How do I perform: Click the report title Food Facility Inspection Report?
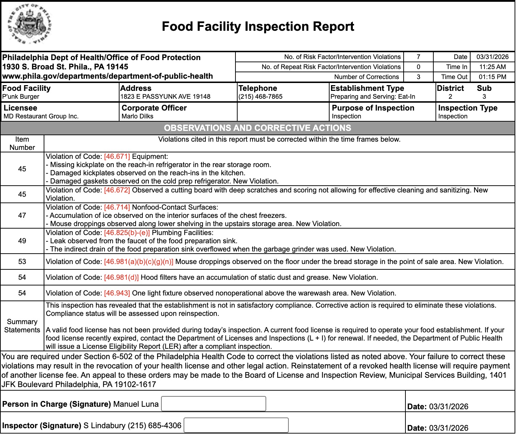[258, 26]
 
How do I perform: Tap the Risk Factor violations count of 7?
[418, 57]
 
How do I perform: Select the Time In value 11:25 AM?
[492, 67]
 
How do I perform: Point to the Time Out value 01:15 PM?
[492, 77]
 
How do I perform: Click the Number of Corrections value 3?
[418, 77]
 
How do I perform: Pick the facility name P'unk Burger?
[21, 97]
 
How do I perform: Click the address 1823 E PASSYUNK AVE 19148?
[165, 97]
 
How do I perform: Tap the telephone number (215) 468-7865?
[261, 97]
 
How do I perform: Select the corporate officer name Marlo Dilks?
[137, 116]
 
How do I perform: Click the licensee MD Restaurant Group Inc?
[41, 116]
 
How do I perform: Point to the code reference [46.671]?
[117, 157]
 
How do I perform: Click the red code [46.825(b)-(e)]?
[127, 233]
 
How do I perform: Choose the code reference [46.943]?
[117, 293]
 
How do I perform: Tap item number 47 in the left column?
[22, 215]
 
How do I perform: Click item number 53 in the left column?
[22, 262]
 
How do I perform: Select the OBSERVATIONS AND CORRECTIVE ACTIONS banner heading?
[258, 128]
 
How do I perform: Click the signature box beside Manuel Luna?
[214, 404]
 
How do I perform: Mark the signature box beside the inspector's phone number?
[236, 425]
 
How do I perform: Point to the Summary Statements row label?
[22, 326]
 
